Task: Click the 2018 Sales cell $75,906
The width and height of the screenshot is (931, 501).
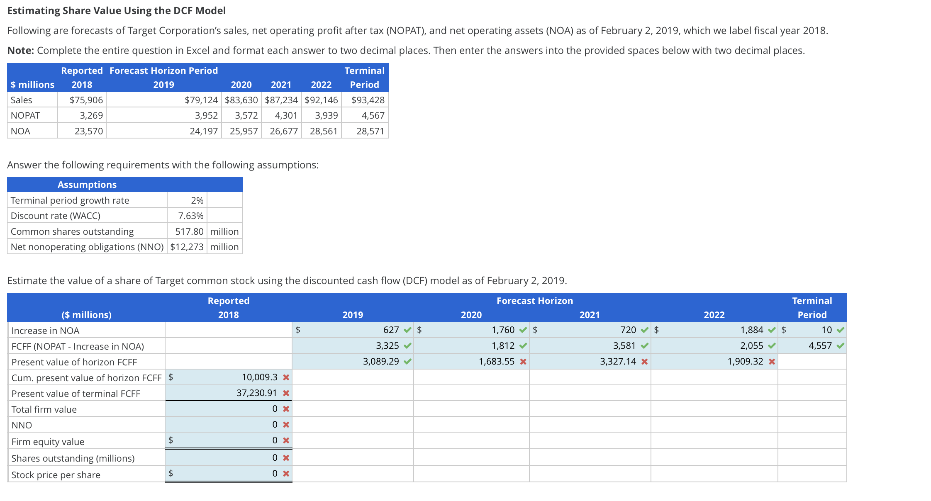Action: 86,100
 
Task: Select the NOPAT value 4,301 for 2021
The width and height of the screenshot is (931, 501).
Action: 286,115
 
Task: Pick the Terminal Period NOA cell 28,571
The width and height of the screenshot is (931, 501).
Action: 370,131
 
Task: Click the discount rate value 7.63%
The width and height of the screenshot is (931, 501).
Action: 190,216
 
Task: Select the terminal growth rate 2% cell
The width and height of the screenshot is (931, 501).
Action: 197,200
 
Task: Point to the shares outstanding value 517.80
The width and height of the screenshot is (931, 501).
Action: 189,231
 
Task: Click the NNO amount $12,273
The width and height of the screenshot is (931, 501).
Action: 187,247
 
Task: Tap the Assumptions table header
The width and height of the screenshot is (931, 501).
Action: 87,185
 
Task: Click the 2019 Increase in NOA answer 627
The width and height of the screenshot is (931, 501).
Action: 390,330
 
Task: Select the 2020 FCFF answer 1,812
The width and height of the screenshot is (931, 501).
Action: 503,345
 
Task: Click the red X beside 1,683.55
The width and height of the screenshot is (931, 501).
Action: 523,362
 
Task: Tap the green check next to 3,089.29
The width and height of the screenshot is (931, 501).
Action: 408,362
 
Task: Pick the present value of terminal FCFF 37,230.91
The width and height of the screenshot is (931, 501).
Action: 256,393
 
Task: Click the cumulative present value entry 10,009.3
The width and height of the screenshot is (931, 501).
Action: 259,377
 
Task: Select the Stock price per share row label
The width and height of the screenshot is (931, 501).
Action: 56,475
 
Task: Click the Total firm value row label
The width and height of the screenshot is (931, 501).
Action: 44,409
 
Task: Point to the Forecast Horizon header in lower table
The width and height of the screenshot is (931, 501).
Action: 534,301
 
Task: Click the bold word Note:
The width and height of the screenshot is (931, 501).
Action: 20,51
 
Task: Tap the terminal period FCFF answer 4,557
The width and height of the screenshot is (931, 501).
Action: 820,345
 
